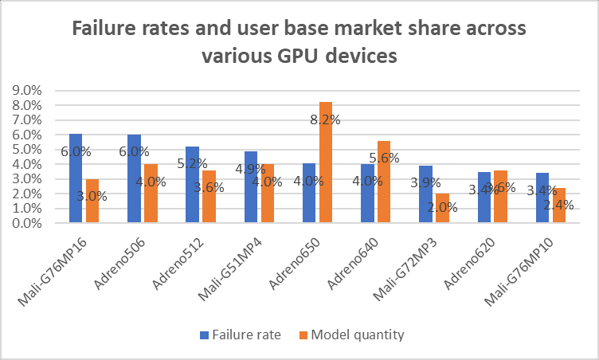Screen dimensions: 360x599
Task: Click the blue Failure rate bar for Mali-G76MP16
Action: pos(76,178)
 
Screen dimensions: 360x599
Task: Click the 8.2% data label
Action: pos(326,120)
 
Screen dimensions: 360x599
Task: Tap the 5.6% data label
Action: pos(384,158)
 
